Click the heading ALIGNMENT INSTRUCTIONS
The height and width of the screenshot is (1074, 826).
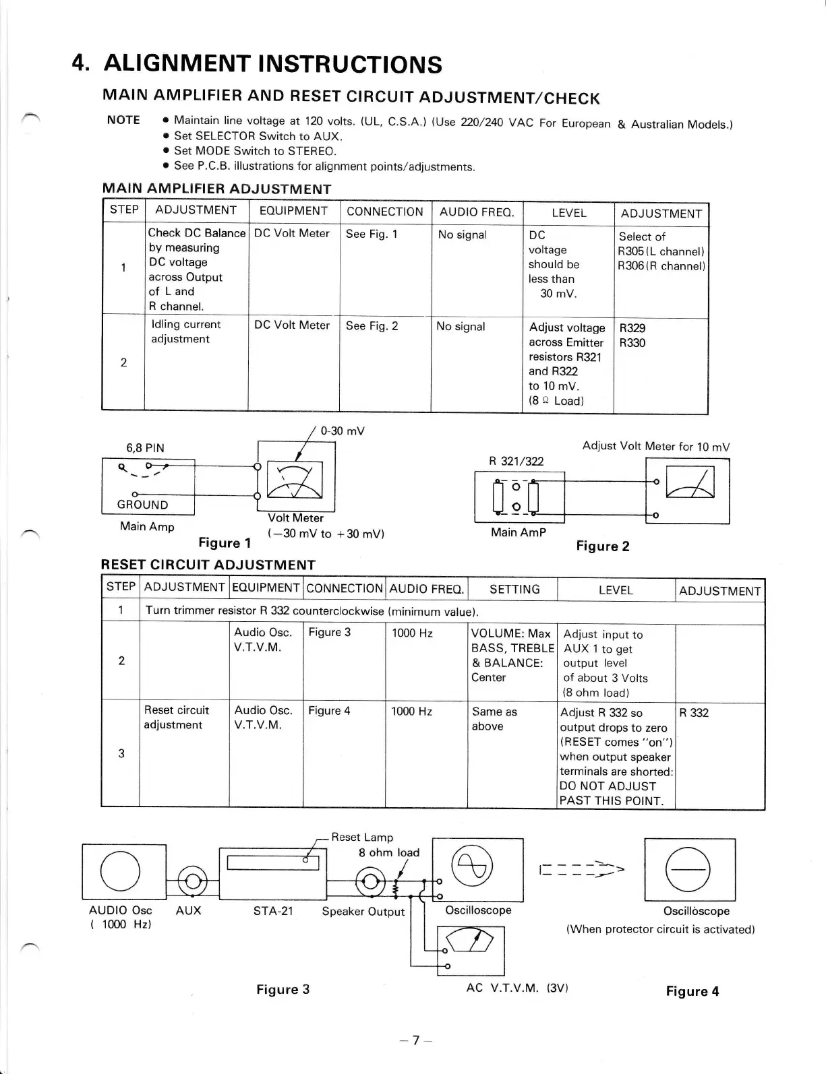pos(272,64)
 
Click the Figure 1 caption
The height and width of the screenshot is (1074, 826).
pos(225,543)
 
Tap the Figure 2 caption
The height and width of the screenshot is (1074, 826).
pos(602,546)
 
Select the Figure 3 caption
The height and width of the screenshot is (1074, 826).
pos(283,989)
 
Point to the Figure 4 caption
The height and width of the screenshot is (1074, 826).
pos(692,991)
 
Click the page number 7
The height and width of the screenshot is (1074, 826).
pos(415,1040)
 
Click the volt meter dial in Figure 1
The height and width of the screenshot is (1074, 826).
pos(295,481)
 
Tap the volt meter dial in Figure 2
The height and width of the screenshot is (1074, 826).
pos(689,482)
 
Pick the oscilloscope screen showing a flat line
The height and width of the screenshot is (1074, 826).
pos(689,869)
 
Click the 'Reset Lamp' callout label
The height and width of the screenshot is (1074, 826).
pos(361,837)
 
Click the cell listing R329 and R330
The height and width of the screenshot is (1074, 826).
pos(659,364)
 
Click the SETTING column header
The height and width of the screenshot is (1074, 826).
pos(514,590)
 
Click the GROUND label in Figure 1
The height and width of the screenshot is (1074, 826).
pos(142,505)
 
